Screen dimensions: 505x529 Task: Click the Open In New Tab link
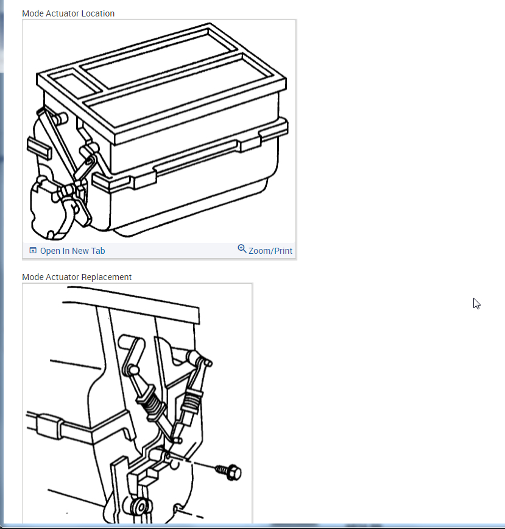(x=72, y=251)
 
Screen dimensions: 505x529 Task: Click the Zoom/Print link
(x=270, y=251)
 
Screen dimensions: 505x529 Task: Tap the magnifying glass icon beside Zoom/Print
(x=242, y=249)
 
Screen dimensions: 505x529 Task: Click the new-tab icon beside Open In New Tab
(x=33, y=250)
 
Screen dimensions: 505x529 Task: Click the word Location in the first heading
(x=98, y=13)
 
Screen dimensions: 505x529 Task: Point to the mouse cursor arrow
(x=476, y=304)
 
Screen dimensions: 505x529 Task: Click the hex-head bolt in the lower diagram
(x=229, y=472)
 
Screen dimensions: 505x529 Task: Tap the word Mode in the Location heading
(x=33, y=13)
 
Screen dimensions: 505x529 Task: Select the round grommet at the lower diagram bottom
(x=141, y=506)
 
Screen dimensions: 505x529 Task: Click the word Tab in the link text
(x=98, y=251)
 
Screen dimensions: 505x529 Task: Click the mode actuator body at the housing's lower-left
(x=51, y=207)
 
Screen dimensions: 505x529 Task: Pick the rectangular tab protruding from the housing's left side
(x=39, y=148)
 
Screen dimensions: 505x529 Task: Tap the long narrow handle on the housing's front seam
(x=197, y=157)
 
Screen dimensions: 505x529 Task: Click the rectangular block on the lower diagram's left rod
(x=49, y=426)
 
